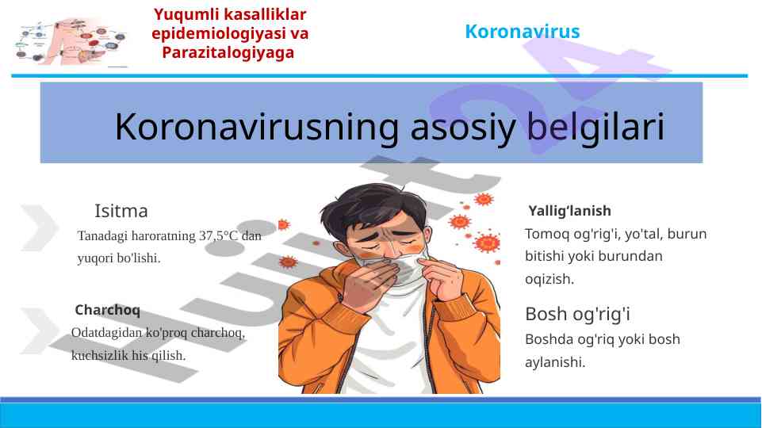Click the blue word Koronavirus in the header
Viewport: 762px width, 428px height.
pos(523,32)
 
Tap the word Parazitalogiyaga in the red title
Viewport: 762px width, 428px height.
pos(228,53)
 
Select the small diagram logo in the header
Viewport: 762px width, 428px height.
pos(72,42)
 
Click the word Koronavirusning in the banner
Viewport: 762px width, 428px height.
pos(257,127)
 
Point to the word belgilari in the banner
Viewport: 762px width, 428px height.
pos(595,127)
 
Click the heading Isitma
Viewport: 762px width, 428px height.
pos(121,211)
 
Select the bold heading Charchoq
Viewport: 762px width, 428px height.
pos(107,310)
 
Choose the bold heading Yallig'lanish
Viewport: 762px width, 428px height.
pos(569,211)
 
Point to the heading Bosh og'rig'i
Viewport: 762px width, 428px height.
pos(577,315)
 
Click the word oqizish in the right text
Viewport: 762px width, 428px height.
pos(549,279)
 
